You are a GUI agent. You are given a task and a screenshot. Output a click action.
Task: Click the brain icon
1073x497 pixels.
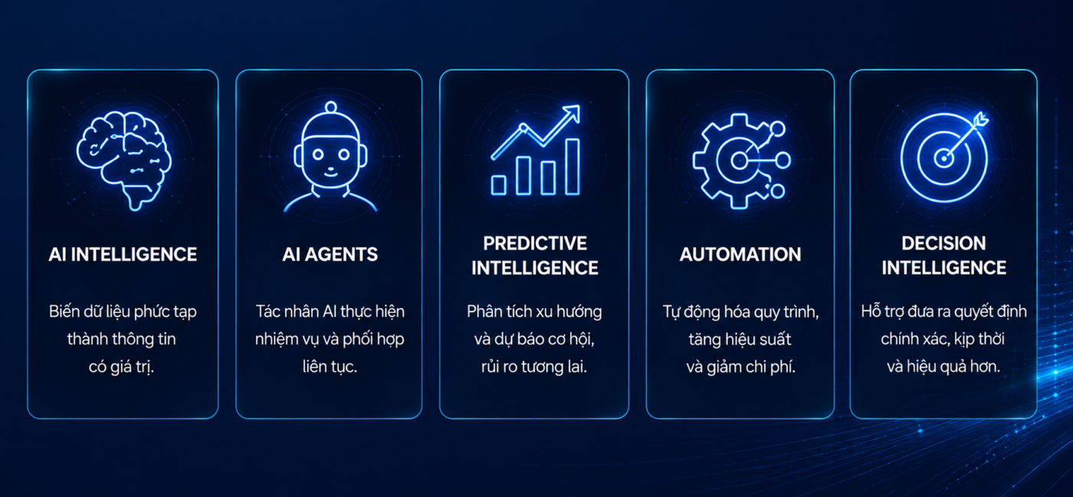pyautogui.click(x=123, y=160)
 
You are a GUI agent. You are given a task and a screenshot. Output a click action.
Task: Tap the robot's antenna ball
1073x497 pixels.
pyautogui.click(x=330, y=107)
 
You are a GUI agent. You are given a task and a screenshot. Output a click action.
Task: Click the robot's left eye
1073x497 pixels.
pyautogui.click(x=318, y=155)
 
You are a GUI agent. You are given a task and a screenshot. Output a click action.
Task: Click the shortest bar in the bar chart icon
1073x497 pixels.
pyautogui.click(x=499, y=185)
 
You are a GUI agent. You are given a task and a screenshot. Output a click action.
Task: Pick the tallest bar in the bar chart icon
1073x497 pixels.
pyautogui.click(x=573, y=166)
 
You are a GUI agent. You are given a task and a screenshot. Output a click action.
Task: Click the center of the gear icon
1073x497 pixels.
pyautogui.click(x=738, y=160)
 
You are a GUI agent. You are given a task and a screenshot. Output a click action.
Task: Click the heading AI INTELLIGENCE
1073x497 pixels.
pyautogui.click(x=123, y=255)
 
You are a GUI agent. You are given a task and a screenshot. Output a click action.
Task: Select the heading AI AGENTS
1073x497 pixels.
pyautogui.click(x=330, y=255)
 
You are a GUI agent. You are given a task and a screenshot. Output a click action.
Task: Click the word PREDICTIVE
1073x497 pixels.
pyautogui.click(x=535, y=243)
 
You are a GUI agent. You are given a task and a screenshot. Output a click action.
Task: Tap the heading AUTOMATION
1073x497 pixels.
pyautogui.click(x=740, y=255)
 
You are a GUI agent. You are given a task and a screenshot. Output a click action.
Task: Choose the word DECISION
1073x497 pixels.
pyautogui.click(x=943, y=243)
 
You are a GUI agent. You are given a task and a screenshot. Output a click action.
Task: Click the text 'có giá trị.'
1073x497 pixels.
pyautogui.click(x=121, y=367)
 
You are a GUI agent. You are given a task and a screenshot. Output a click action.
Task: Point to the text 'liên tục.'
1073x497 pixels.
pyautogui.click(x=330, y=367)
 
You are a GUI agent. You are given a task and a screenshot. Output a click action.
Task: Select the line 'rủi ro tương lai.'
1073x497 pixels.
pyautogui.click(x=534, y=367)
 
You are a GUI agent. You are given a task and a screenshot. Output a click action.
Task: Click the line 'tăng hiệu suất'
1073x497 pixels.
pyautogui.click(x=740, y=339)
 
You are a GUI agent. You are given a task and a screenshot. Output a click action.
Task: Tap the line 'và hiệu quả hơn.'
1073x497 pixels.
pyautogui.click(x=943, y=367)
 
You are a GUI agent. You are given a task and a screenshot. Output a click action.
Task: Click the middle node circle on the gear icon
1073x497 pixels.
pyautogui.click(x=783, y=160)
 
